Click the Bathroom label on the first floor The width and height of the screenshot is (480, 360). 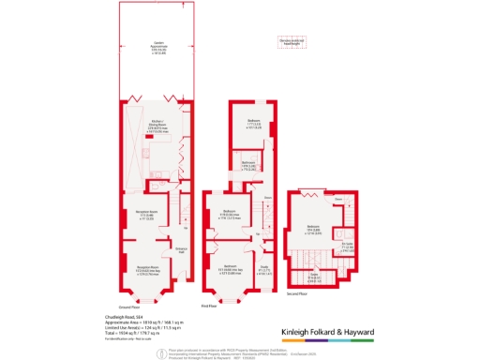coord(249,165)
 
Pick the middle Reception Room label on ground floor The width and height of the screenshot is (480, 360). coord(138,214)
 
